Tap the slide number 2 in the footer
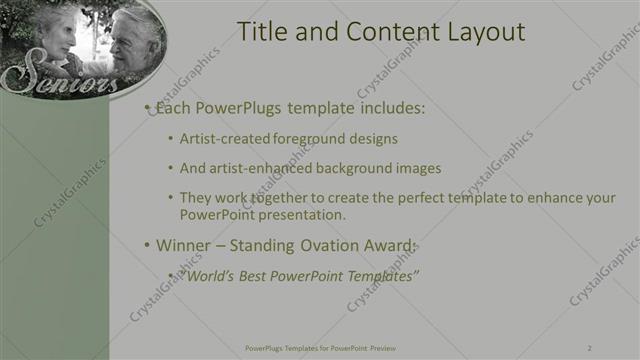point(590,348)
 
